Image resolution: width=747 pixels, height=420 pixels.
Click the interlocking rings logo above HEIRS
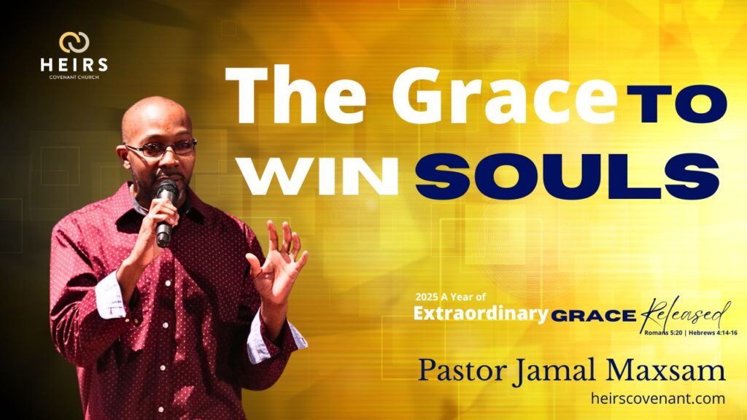point(74,42)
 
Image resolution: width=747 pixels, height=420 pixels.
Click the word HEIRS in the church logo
point(74,65)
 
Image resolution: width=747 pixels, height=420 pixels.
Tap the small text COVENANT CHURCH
point(74,77)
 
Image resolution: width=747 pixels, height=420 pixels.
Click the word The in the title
point(296,95)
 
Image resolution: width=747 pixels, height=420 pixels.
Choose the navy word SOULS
point(567,176)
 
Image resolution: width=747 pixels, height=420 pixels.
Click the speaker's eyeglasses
point(161,147)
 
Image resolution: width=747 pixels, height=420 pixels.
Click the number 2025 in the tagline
point(426,297)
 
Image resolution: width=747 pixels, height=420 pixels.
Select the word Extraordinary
point(481,314)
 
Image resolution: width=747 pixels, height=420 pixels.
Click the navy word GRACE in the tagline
point(594,315)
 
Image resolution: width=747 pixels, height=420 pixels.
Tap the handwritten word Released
point(685,314)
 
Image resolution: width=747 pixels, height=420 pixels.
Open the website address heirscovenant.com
point(658,398)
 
